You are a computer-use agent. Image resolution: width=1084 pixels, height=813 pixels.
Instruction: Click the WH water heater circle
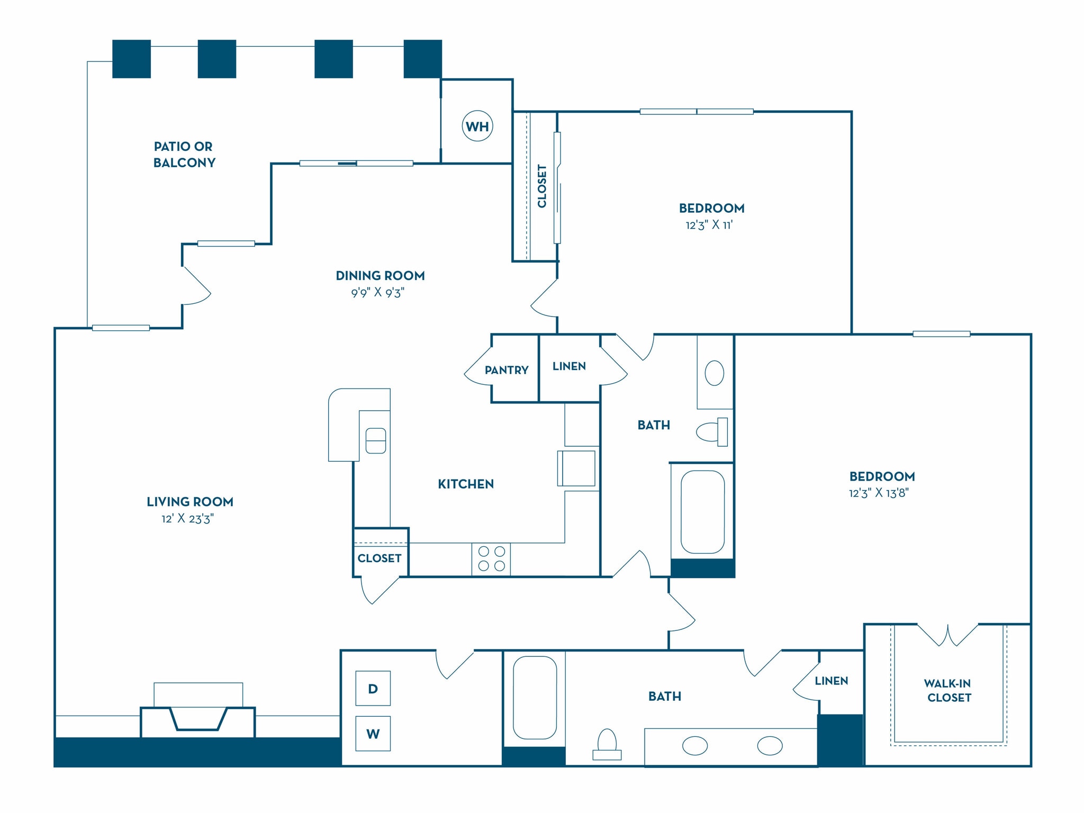[477, 126]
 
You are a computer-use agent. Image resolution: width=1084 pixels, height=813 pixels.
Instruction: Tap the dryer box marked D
[373, 688]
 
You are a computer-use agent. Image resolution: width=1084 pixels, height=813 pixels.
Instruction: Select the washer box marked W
[373, 734]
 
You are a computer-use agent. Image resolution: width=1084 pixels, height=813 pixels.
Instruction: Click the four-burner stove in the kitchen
[491, 559]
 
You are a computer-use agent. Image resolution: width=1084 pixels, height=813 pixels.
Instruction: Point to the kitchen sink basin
[376, 440]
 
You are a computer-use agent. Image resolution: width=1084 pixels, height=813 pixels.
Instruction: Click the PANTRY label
[507, 370]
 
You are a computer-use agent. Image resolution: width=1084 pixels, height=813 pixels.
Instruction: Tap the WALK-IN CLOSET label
[948, 690]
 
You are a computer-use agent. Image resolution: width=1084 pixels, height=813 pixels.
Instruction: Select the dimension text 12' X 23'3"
[187, 518]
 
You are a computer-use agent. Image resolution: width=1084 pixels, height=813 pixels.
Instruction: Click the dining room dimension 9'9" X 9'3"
[377, 292]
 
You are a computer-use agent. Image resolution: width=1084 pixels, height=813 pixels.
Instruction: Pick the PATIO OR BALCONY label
[184, 154]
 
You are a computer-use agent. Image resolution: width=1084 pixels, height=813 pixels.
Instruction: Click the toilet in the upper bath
[711, 432]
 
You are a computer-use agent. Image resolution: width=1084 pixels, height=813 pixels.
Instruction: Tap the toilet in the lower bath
[607, 744]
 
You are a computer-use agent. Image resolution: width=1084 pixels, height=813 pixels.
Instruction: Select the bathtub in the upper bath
[702, 512]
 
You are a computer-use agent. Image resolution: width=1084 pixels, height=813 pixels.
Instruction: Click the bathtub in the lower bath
[535, 698]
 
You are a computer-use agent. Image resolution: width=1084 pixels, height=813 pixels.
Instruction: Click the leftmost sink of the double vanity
[695, 746]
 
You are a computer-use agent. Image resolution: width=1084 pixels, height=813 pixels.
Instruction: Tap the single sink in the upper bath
[715, 373]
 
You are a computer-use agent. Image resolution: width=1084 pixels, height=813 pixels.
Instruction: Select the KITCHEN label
[466, 484]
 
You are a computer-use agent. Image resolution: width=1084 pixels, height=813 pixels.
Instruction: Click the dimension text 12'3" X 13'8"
[879, 493]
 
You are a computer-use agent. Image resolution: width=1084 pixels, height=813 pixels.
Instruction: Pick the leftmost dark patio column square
[131, 59]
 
